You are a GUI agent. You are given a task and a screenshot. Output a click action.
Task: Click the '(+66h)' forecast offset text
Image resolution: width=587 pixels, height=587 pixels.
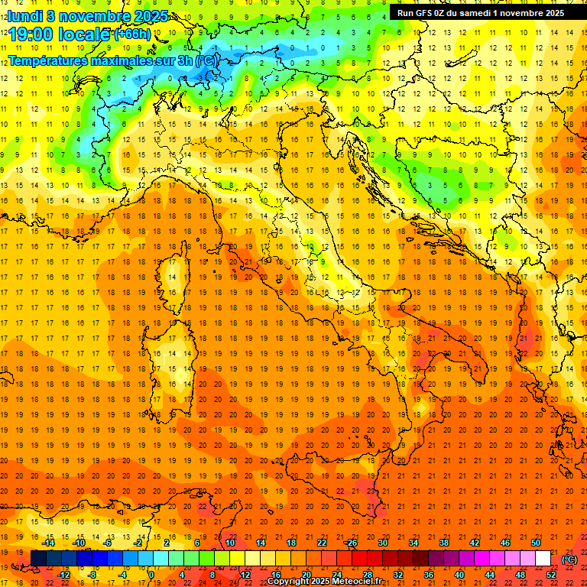133,34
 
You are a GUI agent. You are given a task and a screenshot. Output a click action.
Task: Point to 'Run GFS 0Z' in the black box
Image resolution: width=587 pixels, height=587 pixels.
421,13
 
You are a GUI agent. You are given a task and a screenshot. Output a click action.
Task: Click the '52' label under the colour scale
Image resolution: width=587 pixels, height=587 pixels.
551,575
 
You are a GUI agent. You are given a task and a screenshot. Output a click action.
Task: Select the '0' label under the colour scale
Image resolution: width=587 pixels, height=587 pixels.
152,575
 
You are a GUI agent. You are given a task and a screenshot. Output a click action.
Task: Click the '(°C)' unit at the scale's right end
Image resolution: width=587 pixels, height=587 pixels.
569,559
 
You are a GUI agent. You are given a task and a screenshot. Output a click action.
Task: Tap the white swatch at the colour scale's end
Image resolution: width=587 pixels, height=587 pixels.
543,559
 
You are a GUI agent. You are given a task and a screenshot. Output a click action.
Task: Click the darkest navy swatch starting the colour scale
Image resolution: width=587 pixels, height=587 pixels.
38,559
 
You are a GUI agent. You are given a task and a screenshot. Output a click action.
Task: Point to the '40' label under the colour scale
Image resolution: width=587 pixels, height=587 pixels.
459,575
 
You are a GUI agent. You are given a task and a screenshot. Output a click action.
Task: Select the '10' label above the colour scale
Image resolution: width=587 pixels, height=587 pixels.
230,543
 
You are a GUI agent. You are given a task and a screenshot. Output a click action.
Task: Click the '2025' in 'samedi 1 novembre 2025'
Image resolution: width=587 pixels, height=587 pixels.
551,13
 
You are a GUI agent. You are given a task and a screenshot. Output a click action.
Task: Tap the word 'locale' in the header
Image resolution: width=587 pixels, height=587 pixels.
86,34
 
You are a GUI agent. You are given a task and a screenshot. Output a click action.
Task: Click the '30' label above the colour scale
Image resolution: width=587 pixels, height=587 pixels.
383,543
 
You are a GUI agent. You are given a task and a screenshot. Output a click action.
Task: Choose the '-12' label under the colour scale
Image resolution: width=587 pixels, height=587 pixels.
63,575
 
